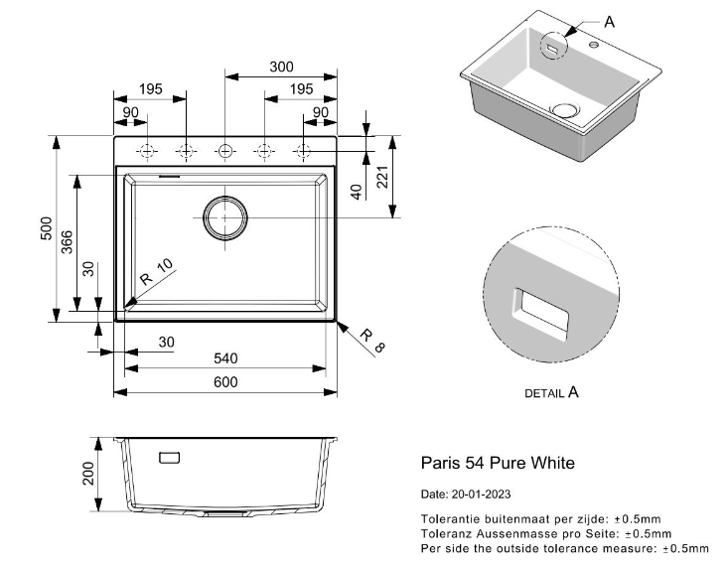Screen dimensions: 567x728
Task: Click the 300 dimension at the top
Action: [281, 67]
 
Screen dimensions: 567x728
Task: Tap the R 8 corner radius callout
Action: [370, 341]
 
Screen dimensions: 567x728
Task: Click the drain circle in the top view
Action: [225, 216]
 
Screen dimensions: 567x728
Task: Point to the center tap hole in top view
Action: [225, 151]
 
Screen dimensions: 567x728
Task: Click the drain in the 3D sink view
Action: [565, 108]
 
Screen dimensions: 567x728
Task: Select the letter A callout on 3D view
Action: [609, 21]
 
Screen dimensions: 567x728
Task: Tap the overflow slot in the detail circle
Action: [540, 311]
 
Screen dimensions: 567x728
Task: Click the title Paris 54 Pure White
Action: [498, 463]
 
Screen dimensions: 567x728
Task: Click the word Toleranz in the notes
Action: [444, 532]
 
